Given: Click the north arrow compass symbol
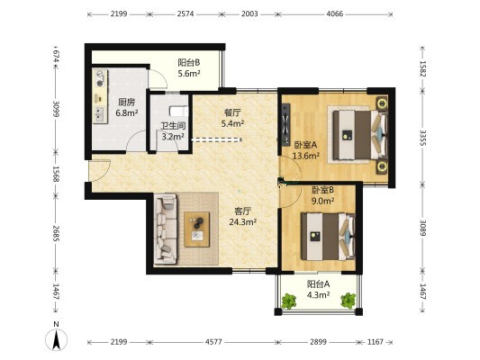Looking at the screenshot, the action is tap(57, 339).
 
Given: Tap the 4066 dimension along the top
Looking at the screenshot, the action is tap(335, 13).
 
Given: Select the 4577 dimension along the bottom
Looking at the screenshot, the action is tap(213, 342).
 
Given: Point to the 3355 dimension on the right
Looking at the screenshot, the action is tap(422, 138).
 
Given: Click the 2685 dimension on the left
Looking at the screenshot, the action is tap(57, 233).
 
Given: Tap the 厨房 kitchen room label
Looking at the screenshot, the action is tap(126, 103).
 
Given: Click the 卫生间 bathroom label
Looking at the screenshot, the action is tap(173, 126).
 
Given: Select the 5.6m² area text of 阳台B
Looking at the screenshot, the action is tap(189, 74).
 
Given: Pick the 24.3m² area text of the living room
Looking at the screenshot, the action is tap(243, 221).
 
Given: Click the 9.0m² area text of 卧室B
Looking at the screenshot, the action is tap(322, 201).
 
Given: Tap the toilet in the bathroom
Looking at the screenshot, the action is tap(178, 112).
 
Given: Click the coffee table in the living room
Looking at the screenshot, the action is tap(197, 229).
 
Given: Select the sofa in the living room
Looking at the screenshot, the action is tap(166, 229).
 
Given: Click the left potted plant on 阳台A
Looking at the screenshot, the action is tap(289, 301).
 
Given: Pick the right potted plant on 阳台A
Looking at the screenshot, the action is tap(348, 301).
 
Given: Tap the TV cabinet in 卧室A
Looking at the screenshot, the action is tap(285, 124).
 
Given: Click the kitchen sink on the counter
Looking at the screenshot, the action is tap(99, 114).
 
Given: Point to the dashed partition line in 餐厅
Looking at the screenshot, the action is tap(216, 140).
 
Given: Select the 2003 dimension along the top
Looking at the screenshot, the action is tap(249, 13).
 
